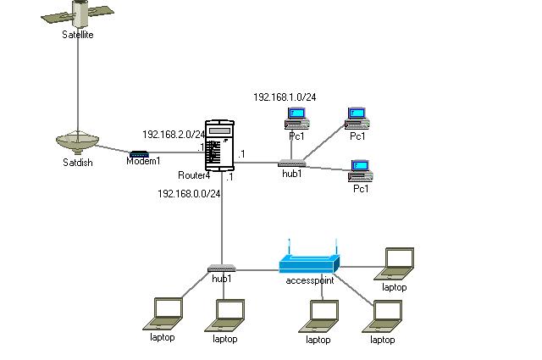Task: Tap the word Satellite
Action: point(78,35)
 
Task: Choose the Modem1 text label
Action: point(143,161)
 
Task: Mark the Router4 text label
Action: point(194,175)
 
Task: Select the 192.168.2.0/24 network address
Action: point(174,134)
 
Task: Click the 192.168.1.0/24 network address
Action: point(285,97)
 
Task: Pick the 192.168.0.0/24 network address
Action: point(189,194)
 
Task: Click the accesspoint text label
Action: point(310,280)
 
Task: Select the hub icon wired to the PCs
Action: point(291,163)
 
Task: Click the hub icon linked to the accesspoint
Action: point(222,269)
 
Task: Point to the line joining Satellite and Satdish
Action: point(78,85)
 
